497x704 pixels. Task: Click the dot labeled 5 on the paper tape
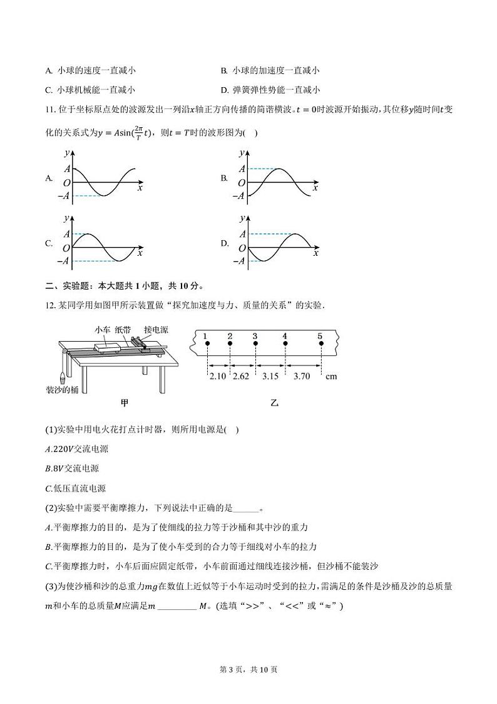point(320,344)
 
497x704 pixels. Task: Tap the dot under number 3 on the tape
point(255,344)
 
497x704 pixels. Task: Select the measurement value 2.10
point(217,376)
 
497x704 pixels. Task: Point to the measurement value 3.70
point(302,376)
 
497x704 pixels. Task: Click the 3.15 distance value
point(270,376)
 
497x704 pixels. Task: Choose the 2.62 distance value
point(242,376)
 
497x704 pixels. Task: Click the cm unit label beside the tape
point(332,376)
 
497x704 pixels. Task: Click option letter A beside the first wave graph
point(49,178)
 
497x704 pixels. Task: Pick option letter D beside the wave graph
point(224,243)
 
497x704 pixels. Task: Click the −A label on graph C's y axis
point(63,261)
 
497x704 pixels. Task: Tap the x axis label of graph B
point(315,187)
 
